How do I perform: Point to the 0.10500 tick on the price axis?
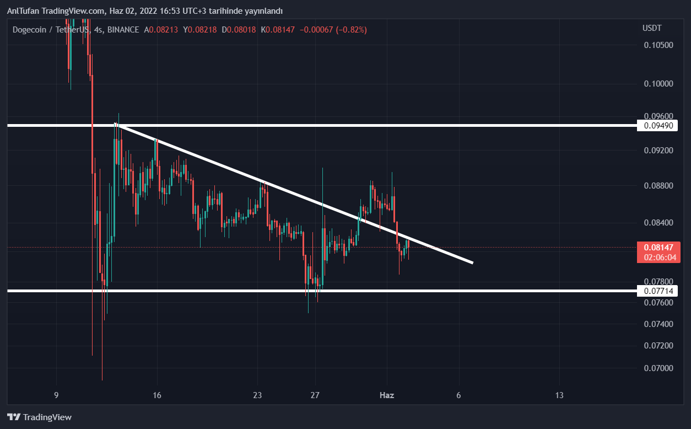click(658, 45)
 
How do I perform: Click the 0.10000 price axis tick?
click(658, 84)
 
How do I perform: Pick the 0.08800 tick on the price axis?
click(658, 186)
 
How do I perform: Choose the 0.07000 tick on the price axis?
click(658, 368)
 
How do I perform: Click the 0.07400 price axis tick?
click(658, 324)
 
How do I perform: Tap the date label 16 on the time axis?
click(157, 395)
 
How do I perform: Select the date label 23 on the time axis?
click(257, 395)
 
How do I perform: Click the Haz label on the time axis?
click(387, 395)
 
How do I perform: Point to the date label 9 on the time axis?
click(56, 395)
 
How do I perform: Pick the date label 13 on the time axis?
click(559, 395)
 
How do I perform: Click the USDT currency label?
click(652, 28)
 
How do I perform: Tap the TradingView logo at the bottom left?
click(39, 417)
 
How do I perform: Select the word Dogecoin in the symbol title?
click(30, 30)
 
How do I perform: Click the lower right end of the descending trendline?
click(472, 262)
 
